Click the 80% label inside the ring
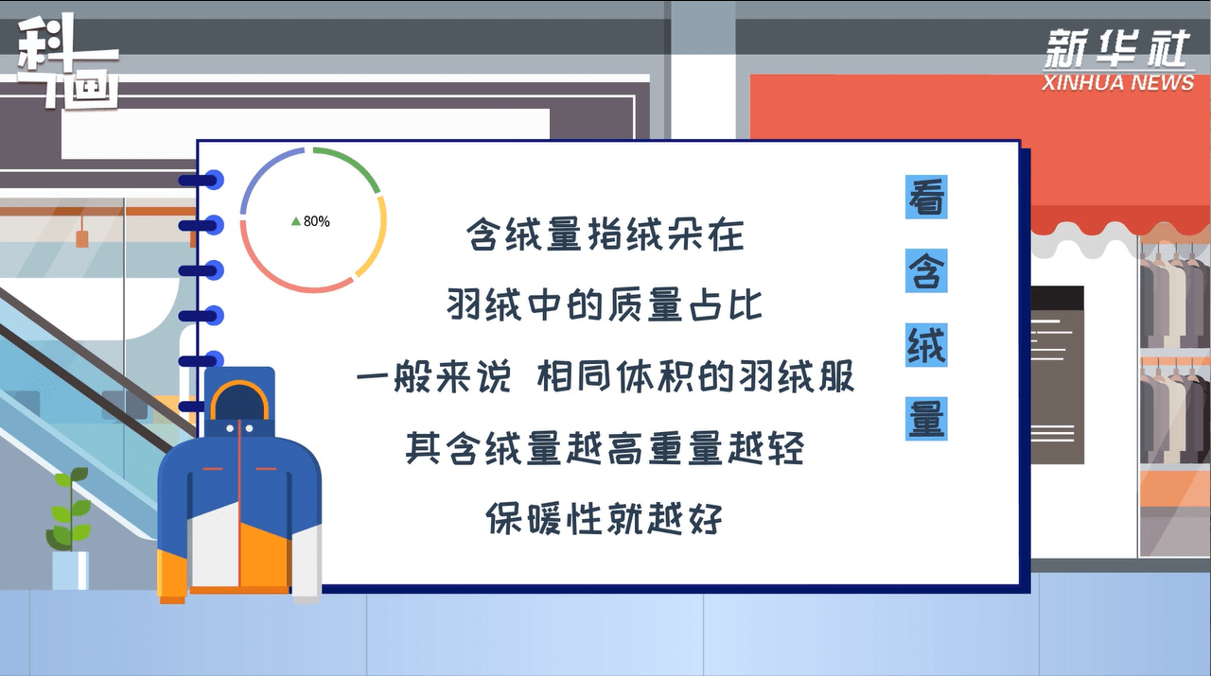[x=316, y=221]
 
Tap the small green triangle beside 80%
[x=296, y=221]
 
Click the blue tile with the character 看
[x=926, y=197]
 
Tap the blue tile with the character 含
[x=926, y=270]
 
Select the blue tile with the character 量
[x=926, y=419]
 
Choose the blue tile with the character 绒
[x=926, y=345]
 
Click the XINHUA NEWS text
[x=1117, y=82]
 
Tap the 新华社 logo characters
[x=1117, y=48]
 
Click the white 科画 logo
[x=67, y=62]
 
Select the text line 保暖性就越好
[x=605, y=519]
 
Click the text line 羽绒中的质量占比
[x=605, y=305]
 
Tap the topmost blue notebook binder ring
[x=202, y=180]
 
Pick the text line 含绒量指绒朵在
[x=605, y=234]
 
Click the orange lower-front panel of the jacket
[x=265, y=557]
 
